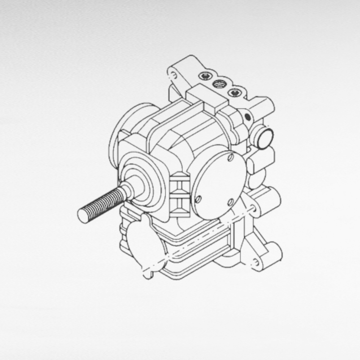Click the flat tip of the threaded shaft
point(82,216)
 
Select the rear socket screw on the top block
point(205,77)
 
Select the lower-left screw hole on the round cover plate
point(198,199)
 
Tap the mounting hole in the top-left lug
point(174,73)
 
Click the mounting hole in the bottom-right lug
point(257,261)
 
